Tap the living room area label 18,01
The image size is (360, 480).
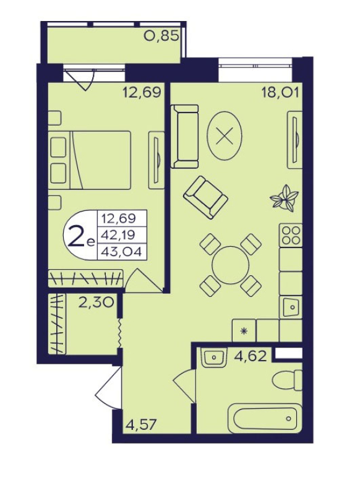280,92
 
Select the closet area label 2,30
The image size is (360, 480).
96,302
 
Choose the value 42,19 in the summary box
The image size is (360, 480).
119,235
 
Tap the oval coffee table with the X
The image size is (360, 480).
225,135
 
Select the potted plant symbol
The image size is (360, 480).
285,198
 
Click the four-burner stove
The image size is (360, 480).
291,235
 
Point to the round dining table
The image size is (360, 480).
231,265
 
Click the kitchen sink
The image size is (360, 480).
291,307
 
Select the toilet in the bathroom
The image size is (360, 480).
287,381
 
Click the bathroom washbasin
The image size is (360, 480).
214,356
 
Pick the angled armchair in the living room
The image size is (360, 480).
205,197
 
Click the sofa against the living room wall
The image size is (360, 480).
184,136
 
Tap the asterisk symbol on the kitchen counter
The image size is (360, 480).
244,330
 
